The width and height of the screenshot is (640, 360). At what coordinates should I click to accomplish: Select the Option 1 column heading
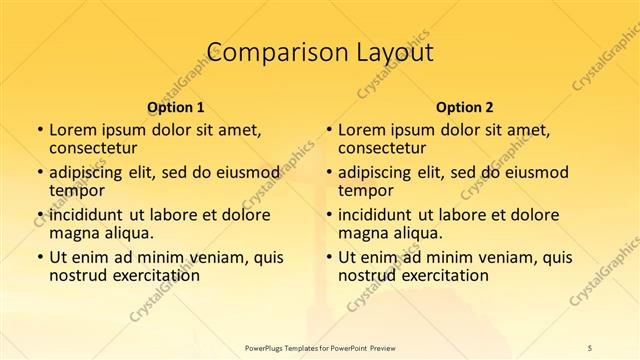(x=175, y=106)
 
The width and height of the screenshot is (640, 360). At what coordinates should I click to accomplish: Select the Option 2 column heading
(x=464, y=106)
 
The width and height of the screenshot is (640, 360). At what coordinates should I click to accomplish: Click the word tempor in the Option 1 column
(x=75, y=191)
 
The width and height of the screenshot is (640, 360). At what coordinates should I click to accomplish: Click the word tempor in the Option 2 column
(x=364, y=191)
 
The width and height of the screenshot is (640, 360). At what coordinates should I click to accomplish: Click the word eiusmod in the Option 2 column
(x=534, y=172)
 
